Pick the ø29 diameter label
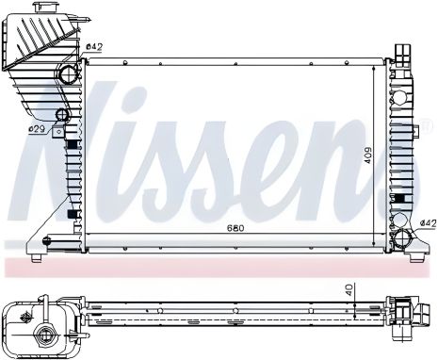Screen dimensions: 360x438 (x=36, y=128)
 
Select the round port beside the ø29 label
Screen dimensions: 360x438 (x=62, y=117)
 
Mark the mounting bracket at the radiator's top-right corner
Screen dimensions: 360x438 (x=400, y=51)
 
